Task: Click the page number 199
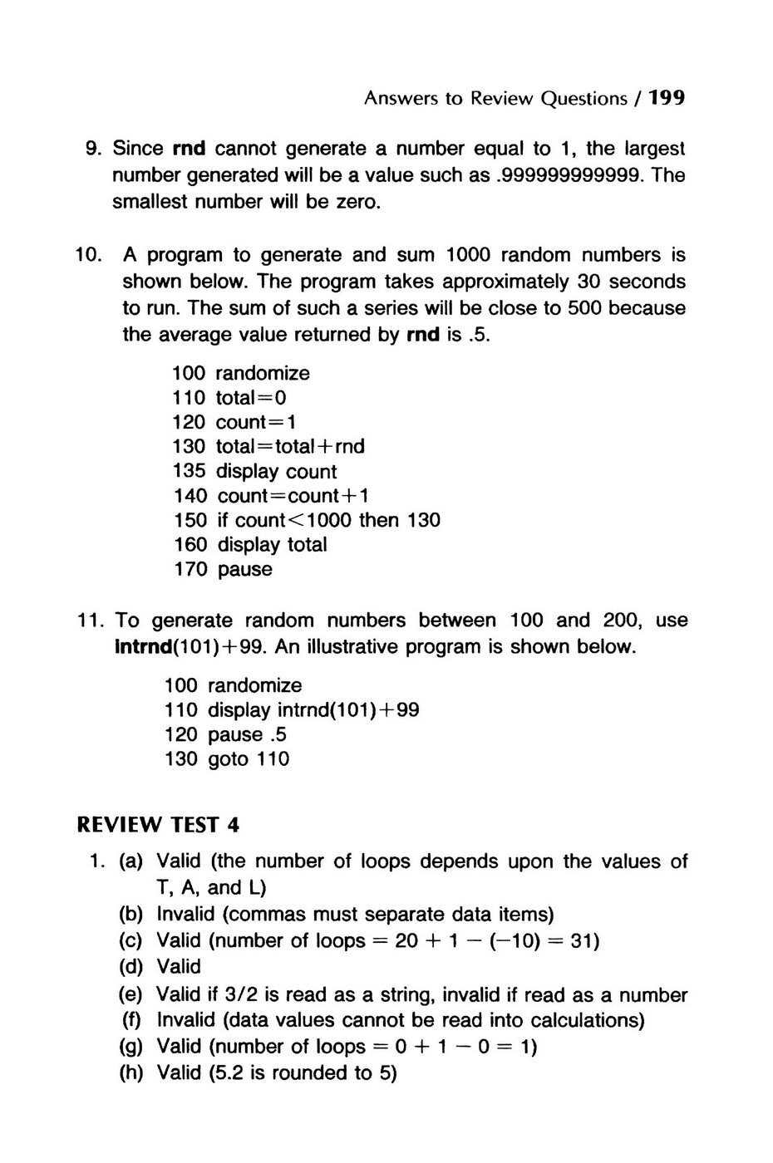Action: (x=667, y=99)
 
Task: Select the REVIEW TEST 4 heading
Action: (x=158, y=825)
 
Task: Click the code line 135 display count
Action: (x=254, y=472)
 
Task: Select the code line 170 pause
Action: (x=223, y=570)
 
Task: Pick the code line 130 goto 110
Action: (x=227, y=759)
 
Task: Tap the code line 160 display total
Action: (x=250, y=545)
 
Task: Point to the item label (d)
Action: (x=131, y=967)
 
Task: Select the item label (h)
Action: (x=131, y=1073)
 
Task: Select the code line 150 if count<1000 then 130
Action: (x=307, y=521)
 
